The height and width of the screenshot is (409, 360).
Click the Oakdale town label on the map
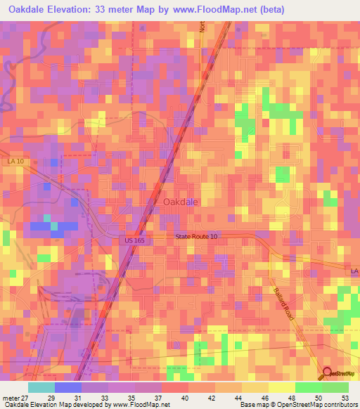coord(181,202)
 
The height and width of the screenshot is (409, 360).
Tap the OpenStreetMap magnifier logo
coord(328,373)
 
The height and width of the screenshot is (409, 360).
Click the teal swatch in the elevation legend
coord(41,387)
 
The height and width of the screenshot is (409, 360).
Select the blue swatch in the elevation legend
coord(68,387)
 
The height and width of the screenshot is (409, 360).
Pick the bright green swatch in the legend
coord(309,387)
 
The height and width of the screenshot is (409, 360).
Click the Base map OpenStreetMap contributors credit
coord(296,405)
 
